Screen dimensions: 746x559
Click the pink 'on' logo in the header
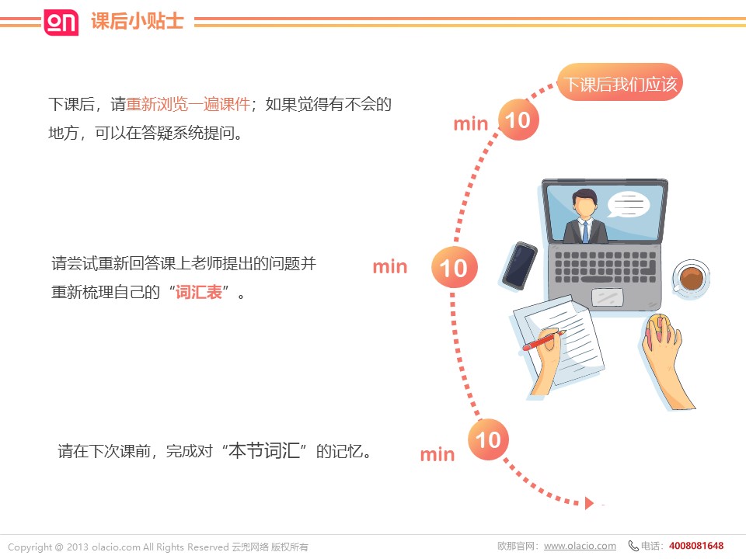(x=61, y=22)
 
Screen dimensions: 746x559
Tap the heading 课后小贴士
(x=137, y=22)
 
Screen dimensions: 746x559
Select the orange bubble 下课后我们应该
(x=620, y=82)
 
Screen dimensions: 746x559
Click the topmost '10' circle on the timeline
(x=518, y=120)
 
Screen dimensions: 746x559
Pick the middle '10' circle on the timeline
(x=454, y=267)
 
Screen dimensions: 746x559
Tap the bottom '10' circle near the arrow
(x=488, y=439)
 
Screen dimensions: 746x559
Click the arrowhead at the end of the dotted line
(x=589, y=503)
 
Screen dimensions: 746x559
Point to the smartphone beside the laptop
(x=520, y=266)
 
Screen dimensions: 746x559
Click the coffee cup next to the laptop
(x=691, y=279)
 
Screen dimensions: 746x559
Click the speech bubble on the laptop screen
(x=628, y=204)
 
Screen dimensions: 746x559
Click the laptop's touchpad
(x=607, y=297)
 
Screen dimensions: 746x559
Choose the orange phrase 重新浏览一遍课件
(x=188, y=104)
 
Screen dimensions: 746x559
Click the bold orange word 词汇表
(x=199, y=292)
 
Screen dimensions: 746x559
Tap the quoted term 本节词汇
(x=264, y=450)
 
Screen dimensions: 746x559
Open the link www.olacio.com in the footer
(x=580, y=546)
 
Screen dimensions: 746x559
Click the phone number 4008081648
(x=696, y=546)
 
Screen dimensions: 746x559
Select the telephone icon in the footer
(x=633, y=546)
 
